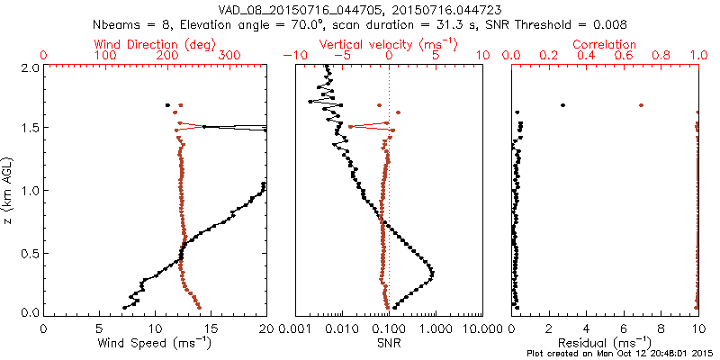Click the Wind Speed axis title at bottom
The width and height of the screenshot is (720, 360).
pyautogui.click(x=155, y=343)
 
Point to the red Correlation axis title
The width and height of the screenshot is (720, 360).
pyautogui.click(x=606, y=44)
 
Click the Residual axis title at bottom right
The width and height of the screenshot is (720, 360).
pyautogui.click(x=606, y=343)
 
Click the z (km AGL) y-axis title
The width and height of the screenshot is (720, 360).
pyautogui.click(x=10, y=190)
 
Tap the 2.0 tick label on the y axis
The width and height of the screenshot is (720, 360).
pyautogui.click(x=29, y=67)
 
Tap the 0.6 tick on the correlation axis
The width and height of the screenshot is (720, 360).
pyautogui.click(x=624, y=56)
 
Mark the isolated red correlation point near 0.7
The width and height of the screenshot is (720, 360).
pyautogui.click(x=641, y=105)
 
